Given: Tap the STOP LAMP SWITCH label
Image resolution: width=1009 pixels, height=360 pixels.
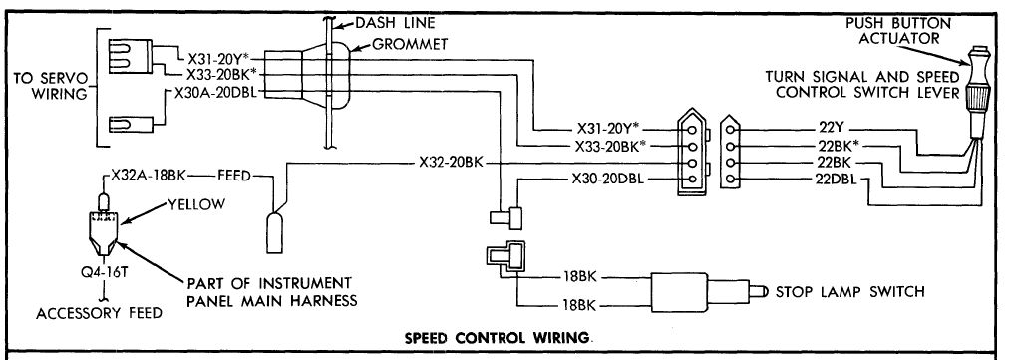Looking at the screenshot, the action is click(849, 292).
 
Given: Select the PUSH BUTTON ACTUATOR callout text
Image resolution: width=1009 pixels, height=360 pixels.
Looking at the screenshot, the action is click(897, 30).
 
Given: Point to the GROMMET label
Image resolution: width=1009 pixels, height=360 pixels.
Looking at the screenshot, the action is click(409, 45).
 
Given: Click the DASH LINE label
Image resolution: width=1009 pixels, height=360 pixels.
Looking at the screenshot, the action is click(395, 23).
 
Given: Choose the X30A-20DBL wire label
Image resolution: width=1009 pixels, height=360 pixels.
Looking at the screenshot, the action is click(215, 92).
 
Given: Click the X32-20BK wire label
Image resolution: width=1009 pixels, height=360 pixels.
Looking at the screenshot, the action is click(451, 163).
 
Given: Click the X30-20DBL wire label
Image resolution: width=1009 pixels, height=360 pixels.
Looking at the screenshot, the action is click(607, 179).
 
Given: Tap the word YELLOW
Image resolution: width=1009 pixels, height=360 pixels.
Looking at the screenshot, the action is click(196, 204).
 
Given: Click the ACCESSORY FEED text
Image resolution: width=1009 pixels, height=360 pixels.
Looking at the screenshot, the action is click(100, 314).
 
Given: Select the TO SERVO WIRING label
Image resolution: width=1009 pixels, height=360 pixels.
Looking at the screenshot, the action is click(50, 86).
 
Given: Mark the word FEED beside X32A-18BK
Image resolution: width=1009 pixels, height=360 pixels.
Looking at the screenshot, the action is click(233, 175).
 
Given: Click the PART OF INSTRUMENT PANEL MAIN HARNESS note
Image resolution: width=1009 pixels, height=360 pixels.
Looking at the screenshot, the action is click(272, 292).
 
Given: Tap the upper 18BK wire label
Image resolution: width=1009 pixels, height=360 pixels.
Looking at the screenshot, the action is click(579, 277).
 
